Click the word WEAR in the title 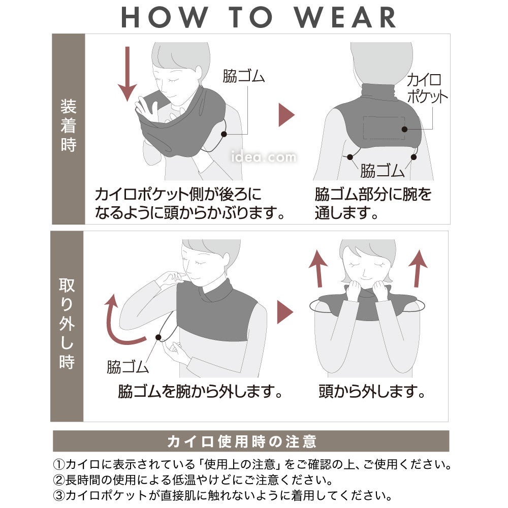coord(345,17)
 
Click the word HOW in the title coord(165,17)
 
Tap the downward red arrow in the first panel coord(128,74)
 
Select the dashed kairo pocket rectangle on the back coord(384,128)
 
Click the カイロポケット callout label coord(427,88)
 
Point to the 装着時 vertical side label coord(69,125)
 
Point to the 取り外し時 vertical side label coord(67,323)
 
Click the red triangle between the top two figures coord(287,115)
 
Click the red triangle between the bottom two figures coord(285,312)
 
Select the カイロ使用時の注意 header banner coord(251,441)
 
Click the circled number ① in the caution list coord(59,464)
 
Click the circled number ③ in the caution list coord(59,495)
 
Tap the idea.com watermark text coord(264,157)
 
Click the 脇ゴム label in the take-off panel coord(128,367)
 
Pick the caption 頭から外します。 coord(372,391)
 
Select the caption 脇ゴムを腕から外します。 coord(200,391)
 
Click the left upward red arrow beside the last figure coord(319,268)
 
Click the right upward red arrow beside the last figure coord(419,268)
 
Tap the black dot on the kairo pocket coord(404,129)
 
